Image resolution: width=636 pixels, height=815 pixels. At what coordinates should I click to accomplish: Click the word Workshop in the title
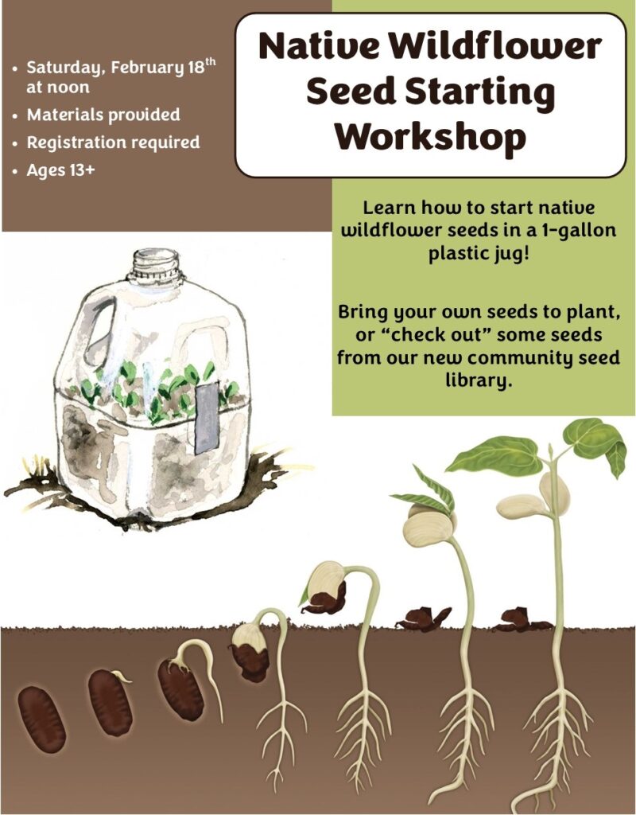tap(430, 137)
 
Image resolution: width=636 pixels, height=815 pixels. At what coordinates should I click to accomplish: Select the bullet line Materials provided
tap(103, 115)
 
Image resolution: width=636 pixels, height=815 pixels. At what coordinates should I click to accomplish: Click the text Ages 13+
tap(60, 170)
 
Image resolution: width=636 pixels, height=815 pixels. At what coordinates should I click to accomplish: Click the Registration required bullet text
tap(113, 142)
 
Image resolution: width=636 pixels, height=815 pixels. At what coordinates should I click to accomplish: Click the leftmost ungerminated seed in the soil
tap(41, 719)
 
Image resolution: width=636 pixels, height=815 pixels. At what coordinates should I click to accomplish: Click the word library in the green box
tap(478, 381)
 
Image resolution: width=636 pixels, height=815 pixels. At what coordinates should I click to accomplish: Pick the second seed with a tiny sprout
tap(110, 702)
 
